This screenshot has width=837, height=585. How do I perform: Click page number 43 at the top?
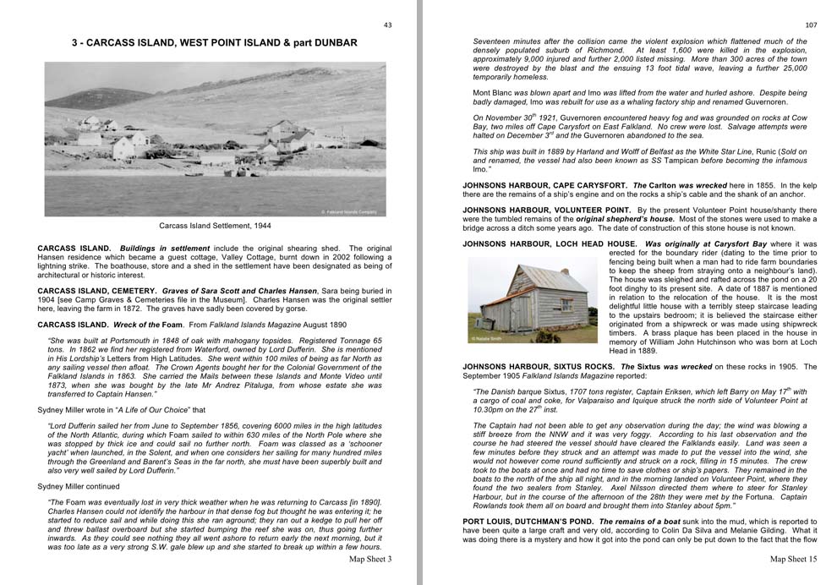(x=387, y=25)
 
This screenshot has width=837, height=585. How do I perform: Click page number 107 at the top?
(x=811, y=25)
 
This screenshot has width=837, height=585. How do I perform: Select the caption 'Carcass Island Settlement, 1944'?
(x=215, y=226)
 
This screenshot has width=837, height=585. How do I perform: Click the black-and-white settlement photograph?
(x=215, y=139)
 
